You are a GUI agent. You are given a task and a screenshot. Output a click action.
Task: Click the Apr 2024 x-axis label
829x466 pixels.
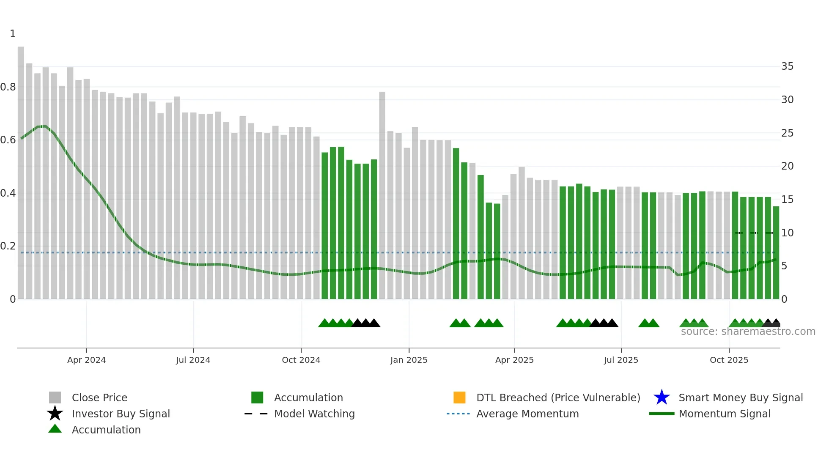click(86, 360)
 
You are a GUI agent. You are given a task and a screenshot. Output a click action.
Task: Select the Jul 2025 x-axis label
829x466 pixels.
click(620, 360)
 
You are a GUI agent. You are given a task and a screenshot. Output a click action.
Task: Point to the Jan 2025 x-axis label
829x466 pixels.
click(409, 360)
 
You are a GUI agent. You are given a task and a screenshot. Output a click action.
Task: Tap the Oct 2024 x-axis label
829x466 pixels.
click(301, 360)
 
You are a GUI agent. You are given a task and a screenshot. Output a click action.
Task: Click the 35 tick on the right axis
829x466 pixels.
click(787, 66)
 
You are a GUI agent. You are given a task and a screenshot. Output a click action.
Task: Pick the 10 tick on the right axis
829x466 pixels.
click(787, 233)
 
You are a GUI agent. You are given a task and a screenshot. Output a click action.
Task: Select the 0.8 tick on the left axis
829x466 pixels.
click(8, 87)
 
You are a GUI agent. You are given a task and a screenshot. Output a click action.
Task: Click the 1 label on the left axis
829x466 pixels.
click(13, 34)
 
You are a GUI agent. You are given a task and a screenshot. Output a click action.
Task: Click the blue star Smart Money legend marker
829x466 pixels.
click(662, 397)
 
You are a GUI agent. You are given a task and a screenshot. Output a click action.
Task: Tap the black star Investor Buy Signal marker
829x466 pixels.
click(55, 414)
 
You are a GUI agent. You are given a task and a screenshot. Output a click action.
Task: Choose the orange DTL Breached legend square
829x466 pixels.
click(459, 397)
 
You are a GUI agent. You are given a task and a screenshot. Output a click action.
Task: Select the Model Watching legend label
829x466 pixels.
click(314, 414)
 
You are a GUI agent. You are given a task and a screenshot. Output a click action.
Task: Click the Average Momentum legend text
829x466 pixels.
click(527, 414)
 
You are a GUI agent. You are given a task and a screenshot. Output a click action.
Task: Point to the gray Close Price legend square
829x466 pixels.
click(55, 397)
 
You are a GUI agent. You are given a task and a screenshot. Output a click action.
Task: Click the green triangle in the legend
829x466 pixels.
click(55, 429)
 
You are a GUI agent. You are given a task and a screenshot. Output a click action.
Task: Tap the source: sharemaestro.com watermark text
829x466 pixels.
click(748, 332)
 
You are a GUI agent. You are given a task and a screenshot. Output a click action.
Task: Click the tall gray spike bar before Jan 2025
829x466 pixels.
click(382, 195)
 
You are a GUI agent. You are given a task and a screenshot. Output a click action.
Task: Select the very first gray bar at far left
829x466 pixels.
click(21, 173)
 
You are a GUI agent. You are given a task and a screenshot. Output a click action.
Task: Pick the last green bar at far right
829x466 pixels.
click(776, 252)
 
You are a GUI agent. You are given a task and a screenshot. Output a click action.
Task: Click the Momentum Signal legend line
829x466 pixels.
click(662, 414)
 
